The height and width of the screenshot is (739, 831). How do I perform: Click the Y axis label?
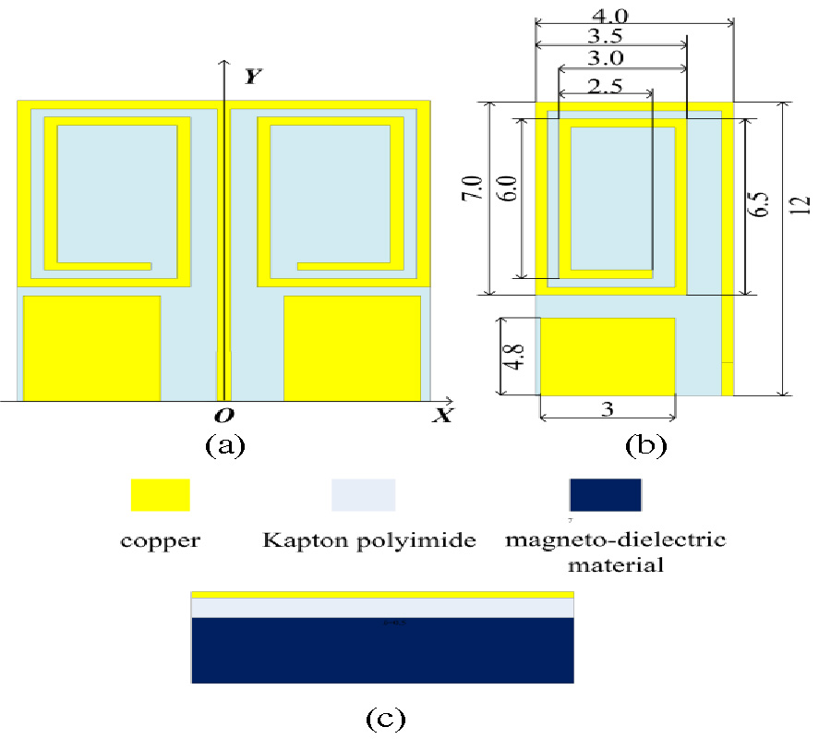249,78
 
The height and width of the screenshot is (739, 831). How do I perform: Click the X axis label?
444,415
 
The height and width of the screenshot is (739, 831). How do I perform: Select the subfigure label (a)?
224,445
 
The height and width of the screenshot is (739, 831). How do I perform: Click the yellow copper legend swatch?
161,494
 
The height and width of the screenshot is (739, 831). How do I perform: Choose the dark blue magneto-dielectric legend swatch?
606,494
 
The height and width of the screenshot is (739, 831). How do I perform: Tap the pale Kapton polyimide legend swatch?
364,494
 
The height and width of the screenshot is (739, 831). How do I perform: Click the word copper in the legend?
160,540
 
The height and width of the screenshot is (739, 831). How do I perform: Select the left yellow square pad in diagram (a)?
91,348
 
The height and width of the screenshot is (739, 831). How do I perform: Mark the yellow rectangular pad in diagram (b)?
608,357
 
